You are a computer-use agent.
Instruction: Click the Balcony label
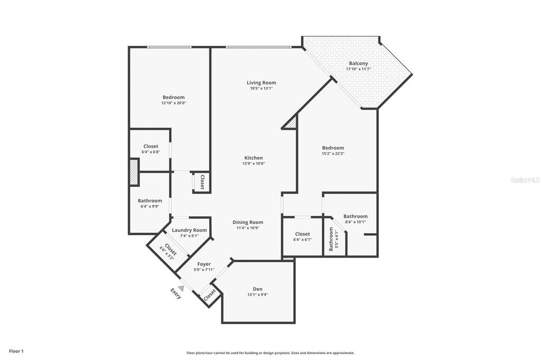[358, 63]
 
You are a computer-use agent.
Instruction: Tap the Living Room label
[261, 82]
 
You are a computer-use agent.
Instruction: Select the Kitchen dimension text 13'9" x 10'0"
[254, 164]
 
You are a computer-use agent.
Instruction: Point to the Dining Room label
[248, 222]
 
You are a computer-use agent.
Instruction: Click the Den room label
[257, 289]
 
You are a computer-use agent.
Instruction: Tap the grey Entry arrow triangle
[181, 288]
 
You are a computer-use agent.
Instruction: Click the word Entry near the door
[175, 293]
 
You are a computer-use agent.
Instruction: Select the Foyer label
[204, 264]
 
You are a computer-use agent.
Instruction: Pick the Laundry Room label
[189, 230]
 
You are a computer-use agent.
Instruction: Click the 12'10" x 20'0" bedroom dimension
[173, 103]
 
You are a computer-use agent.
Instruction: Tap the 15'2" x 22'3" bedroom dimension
[333, 154]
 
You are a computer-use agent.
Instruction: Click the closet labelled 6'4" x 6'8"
[151, 149]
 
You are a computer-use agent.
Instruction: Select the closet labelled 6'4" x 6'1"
[302, 236]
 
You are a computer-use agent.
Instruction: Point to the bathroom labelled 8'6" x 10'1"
[355, 219]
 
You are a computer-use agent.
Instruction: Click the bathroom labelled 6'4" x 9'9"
[150, 203]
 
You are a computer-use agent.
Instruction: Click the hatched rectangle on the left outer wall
[134, 172]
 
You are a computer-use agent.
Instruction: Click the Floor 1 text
[16, 351]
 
